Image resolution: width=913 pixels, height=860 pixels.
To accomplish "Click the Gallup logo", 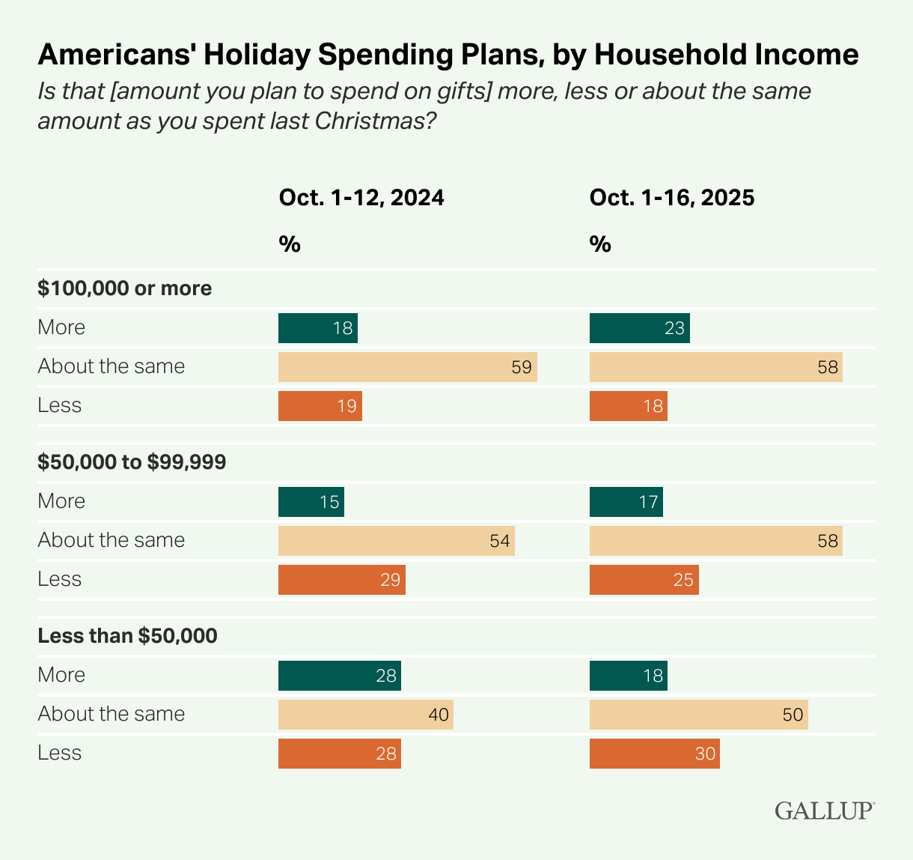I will point(824,811).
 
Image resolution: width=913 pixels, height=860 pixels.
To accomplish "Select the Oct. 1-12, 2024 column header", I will point(361,198).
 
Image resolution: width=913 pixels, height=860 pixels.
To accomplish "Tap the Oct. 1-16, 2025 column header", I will point(672,198).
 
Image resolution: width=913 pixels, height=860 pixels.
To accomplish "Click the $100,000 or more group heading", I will point(125,288).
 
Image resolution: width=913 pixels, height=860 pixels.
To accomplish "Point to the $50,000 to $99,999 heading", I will point(132,462).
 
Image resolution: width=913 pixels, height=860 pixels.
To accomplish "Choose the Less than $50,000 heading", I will point(127,636).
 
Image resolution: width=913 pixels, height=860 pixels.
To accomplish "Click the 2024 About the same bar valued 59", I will point(407,367).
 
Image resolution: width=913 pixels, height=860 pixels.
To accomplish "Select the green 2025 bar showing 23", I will point(639,328).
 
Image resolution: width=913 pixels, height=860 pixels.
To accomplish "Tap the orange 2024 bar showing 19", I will point(320,406).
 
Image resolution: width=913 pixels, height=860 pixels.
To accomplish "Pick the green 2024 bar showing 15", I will point(311,502).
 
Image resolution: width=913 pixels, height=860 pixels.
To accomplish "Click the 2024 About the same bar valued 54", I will point(396,541).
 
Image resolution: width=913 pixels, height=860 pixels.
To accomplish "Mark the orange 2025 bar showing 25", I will point(644,580).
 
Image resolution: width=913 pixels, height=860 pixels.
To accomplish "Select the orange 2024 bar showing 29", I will point(341,580).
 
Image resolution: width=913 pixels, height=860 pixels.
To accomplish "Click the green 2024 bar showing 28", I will point(339,676).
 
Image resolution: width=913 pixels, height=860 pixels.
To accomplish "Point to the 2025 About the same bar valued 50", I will point(698,715).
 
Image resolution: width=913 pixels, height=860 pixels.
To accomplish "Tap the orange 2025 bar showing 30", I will point(654,754).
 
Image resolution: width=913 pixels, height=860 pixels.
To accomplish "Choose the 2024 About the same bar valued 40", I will point(365,715).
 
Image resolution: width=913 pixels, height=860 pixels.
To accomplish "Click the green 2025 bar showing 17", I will point(626,502).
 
